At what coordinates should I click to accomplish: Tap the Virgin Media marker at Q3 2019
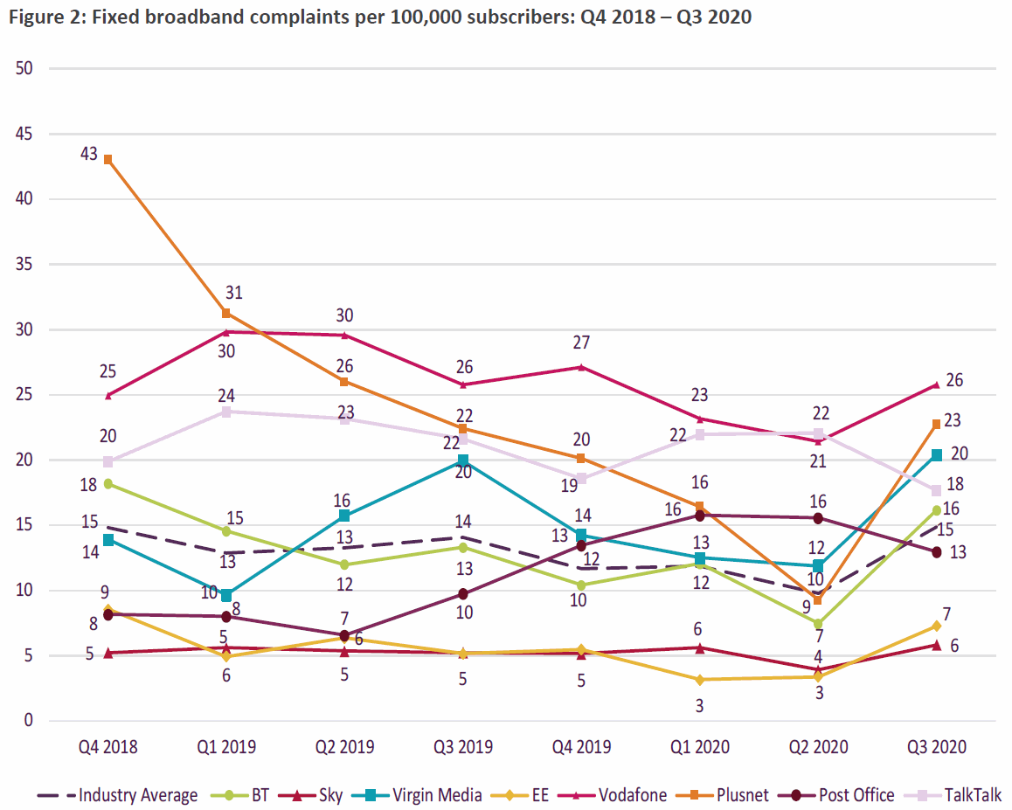[x=464, y=460]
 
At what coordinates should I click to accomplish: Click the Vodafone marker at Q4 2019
[x=581, y=367]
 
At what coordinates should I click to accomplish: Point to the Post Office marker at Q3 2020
[x=937, y=552]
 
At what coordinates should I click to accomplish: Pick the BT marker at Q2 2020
[x=818, y=624]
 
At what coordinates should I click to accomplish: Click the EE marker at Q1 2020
[x=700, y=679]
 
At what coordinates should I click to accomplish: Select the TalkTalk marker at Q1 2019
[x=226, y=412]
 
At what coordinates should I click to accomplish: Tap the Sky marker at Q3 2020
[x=937, y=645]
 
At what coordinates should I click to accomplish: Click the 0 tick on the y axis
[x=27, y=721]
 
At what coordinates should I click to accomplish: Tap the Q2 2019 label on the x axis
[x=345, y=747]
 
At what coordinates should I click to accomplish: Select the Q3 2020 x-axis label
[x=937, y=747]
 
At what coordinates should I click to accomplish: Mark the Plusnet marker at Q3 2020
[x=937, y=424]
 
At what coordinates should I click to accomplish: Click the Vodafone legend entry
[x=631, y=795]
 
